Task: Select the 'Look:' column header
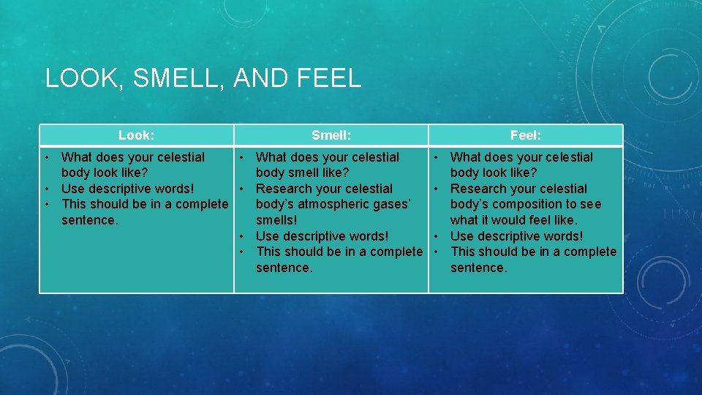[136, 135]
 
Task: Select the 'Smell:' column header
[331, 135]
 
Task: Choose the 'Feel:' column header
[525, 135]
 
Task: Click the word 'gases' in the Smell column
[395, 204]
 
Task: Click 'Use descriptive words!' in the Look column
[128, 189]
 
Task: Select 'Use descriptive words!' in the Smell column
[322, 236]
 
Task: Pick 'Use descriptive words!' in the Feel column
[516, 236]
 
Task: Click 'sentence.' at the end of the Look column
[89, 220]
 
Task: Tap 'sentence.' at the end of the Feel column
[478, 268]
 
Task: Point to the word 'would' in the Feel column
[511, 220]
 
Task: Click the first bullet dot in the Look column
[46, 157]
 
